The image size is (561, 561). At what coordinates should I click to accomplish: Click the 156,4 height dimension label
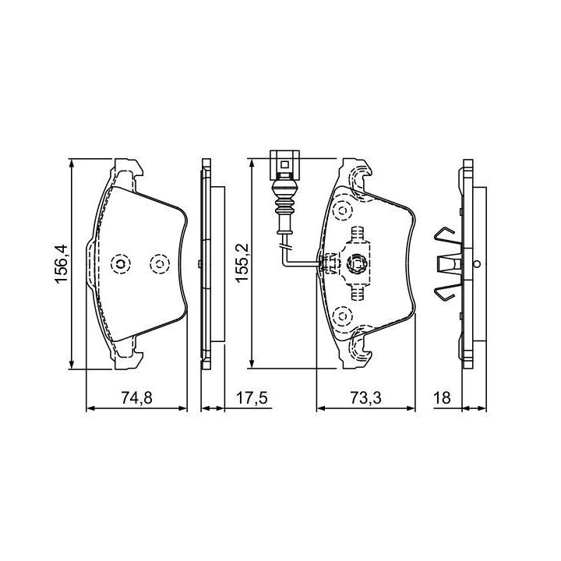pos(61,264)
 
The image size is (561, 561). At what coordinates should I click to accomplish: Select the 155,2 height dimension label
pos(242,263)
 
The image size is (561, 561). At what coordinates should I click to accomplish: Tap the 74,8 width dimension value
pos(136,397)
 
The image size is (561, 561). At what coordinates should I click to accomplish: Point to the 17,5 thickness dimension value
pos(252,397)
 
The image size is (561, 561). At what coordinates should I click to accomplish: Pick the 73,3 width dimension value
pos(365,397)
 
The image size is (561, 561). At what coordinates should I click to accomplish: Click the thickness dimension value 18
pos(442,397)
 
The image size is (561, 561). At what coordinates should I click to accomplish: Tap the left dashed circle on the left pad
pos(121,264)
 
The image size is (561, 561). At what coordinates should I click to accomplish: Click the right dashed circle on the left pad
pos(160,264)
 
